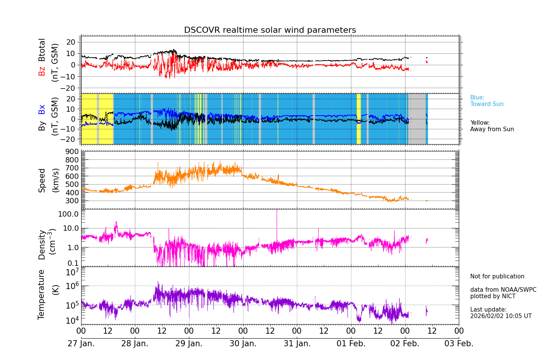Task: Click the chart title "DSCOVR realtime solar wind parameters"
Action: (x=270, y=30)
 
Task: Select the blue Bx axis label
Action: (x=42, y=109)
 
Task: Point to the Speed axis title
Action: (x=42, y=180)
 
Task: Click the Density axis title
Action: (x=42, y=244)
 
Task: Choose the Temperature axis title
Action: (x=42, y=294)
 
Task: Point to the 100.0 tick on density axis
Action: (x=68, y=214)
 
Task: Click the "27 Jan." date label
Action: (x=81, y=344)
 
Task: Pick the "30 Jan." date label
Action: (x=243, y=344)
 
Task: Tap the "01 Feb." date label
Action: (x=351, y=344)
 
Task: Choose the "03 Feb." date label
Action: (x=459, y=344)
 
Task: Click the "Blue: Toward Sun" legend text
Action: (x=487, y=101)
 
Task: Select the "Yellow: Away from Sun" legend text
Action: (x=492, y=126)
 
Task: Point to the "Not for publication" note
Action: (x=497, y=276)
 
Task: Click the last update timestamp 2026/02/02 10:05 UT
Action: (x=500, y=316)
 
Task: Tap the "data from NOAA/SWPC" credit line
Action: (x=503, y=290)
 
